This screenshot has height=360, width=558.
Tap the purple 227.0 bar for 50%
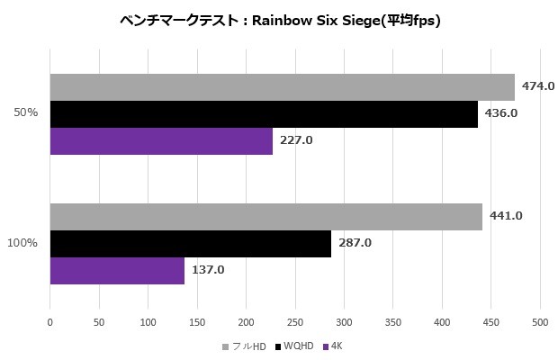[x=161, y=141]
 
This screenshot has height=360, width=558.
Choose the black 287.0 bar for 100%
[x=190, y=243]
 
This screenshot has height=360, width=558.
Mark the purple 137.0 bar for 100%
[x=117, y=270]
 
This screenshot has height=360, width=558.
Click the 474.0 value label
[x=538, y=86]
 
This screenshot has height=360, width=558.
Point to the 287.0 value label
[x=355, y=243]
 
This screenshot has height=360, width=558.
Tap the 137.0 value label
[x=208, y=270]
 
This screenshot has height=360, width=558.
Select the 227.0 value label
[x=296, y=141]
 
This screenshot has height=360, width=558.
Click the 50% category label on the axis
[x=25, y=113]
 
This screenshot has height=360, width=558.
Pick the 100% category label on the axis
[x=22, y=243]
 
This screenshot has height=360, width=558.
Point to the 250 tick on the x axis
[x=295, y=319]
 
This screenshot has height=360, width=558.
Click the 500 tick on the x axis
[x=540, y=319]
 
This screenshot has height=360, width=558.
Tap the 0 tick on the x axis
[x=50, y=319]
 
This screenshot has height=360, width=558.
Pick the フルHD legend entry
[x=247, y=346]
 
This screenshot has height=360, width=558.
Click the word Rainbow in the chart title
[x=286, y=20]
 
